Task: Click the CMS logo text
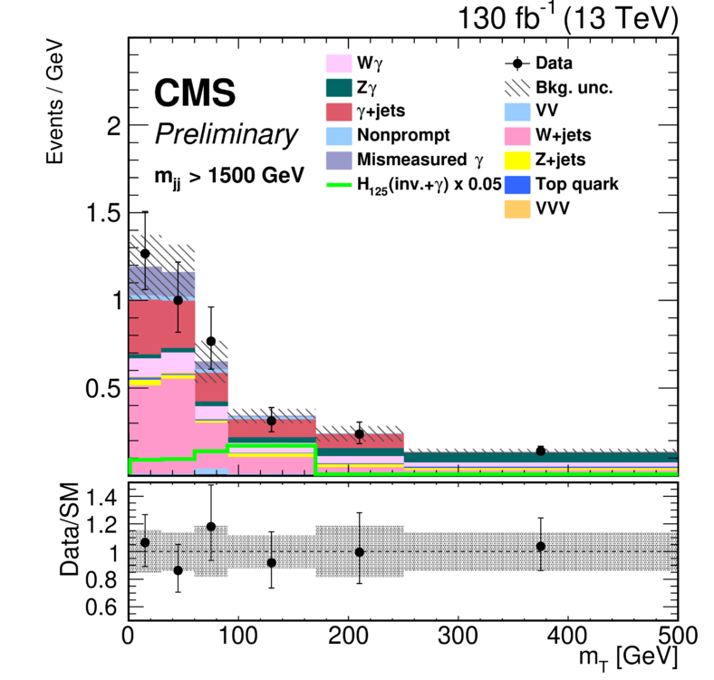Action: [x=194, y=92]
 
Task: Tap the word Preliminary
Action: [x=226, y=135]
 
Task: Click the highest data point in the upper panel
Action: [x=144, y=253]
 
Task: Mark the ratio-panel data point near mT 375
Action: [x=541, y=546]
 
